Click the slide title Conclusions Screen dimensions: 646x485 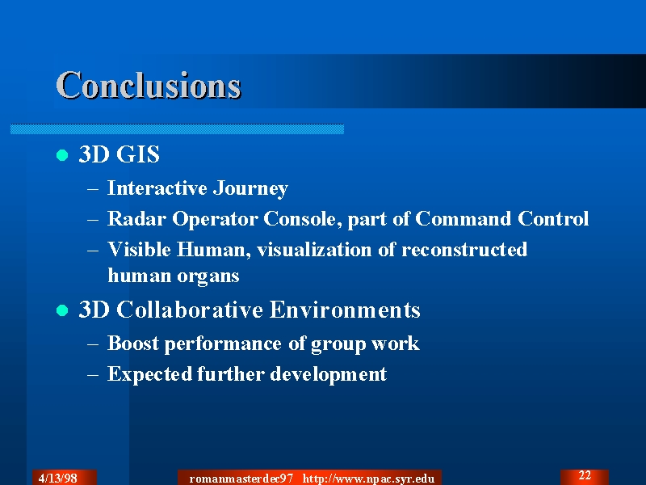point(149,85)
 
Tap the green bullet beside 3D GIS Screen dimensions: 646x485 point(62,155)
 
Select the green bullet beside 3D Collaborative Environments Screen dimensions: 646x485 point(62,310)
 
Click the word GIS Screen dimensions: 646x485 point(138,154)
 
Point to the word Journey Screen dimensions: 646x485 point(250,189)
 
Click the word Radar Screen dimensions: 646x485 point(136,218)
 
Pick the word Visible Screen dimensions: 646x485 point(139,250)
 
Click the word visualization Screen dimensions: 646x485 point(314,250)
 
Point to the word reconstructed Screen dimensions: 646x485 point(464,250)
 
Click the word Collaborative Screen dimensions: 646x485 point(190,310)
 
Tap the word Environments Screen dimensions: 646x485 point(345,310)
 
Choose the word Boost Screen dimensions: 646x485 point(133,343)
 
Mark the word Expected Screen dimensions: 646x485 point(149,374)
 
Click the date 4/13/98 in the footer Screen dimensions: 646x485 point(57,478)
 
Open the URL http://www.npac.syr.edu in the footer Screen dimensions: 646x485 point(369,479)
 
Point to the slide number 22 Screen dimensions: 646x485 point(585,475)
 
